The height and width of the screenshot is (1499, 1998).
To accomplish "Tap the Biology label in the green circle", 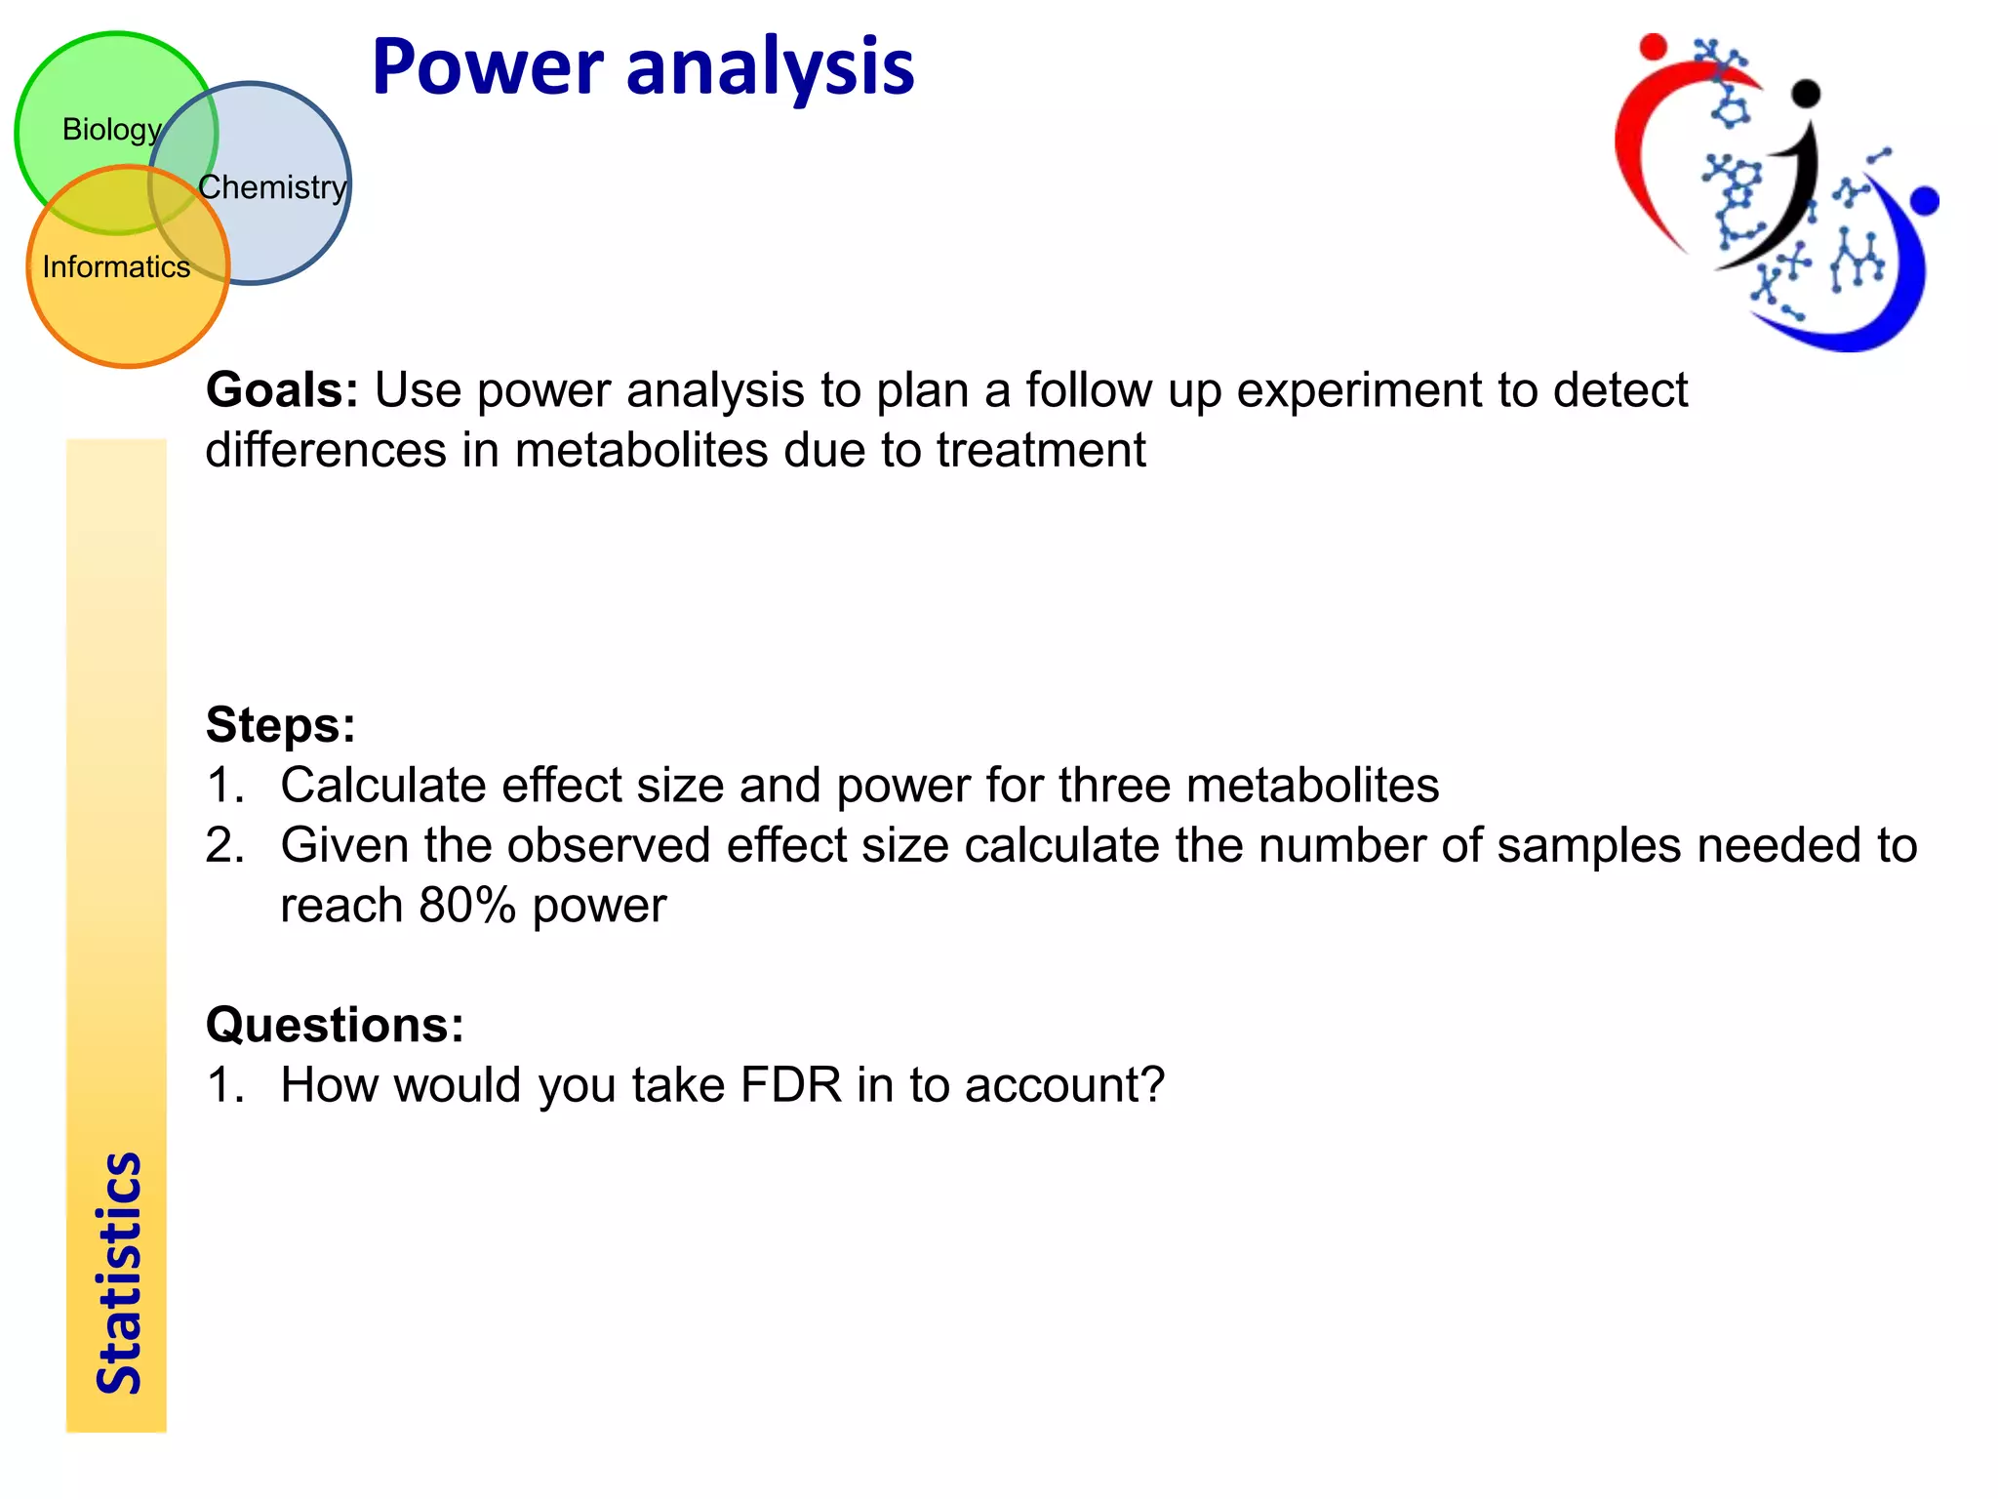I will [x=111, y=129].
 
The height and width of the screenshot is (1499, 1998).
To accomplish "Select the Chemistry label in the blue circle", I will [x=272, y=186].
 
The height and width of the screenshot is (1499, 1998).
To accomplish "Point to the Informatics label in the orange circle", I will [x=116, y=266].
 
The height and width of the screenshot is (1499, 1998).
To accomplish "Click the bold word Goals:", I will [x=282, y=389].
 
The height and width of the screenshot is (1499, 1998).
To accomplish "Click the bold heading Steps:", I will [x=281, y=725].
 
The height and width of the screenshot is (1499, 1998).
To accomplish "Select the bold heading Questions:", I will [x=335, y=1025].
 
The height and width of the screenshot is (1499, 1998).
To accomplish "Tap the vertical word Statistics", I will [x=118, y=1274].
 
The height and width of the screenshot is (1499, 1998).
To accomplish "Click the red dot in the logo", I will [x=1653, y=46].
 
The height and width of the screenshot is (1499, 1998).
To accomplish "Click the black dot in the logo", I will [x=1807, y=93].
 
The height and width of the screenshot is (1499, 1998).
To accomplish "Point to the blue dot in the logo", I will [x=1925, y=201].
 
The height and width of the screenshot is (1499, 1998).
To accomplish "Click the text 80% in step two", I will [x=466, y=906].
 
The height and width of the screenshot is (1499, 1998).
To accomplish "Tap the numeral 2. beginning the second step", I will [x=225, y=845].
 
